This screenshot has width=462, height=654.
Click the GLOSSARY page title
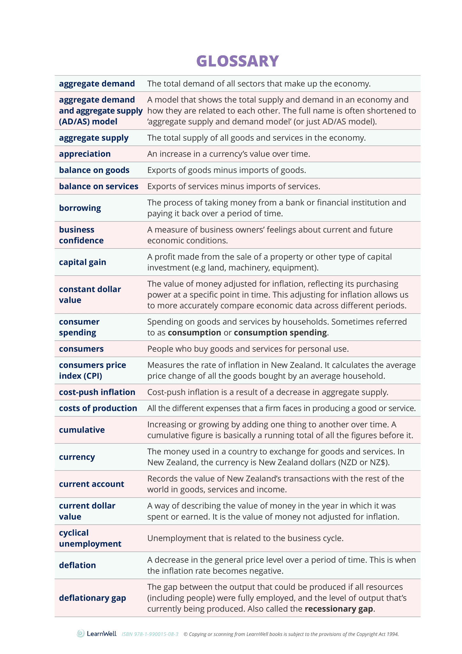(238, 61)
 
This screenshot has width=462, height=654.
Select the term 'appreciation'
(85, 154)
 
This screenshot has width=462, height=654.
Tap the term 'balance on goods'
(94, 170)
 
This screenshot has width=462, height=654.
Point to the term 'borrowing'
(80, 208)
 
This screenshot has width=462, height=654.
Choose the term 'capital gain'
(82, 262)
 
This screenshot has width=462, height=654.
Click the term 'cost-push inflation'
(97, 392)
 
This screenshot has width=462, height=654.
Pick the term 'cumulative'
(82, 430)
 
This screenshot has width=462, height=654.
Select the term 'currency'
(77, 457)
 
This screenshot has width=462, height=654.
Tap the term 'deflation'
(77, 565)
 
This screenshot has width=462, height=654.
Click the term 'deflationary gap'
(92, 598)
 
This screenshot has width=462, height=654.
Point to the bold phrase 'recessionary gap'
(339, 609)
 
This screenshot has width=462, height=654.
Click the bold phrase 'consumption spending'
(280, 333)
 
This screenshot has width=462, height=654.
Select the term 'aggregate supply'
(94, 138)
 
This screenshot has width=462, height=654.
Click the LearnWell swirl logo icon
(81, 634)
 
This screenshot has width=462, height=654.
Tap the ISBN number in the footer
(150, 634)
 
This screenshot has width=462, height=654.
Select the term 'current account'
(91, 484)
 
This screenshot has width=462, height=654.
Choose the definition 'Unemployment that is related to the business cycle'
(245, 538)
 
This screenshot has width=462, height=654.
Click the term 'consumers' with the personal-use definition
(81, 349)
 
